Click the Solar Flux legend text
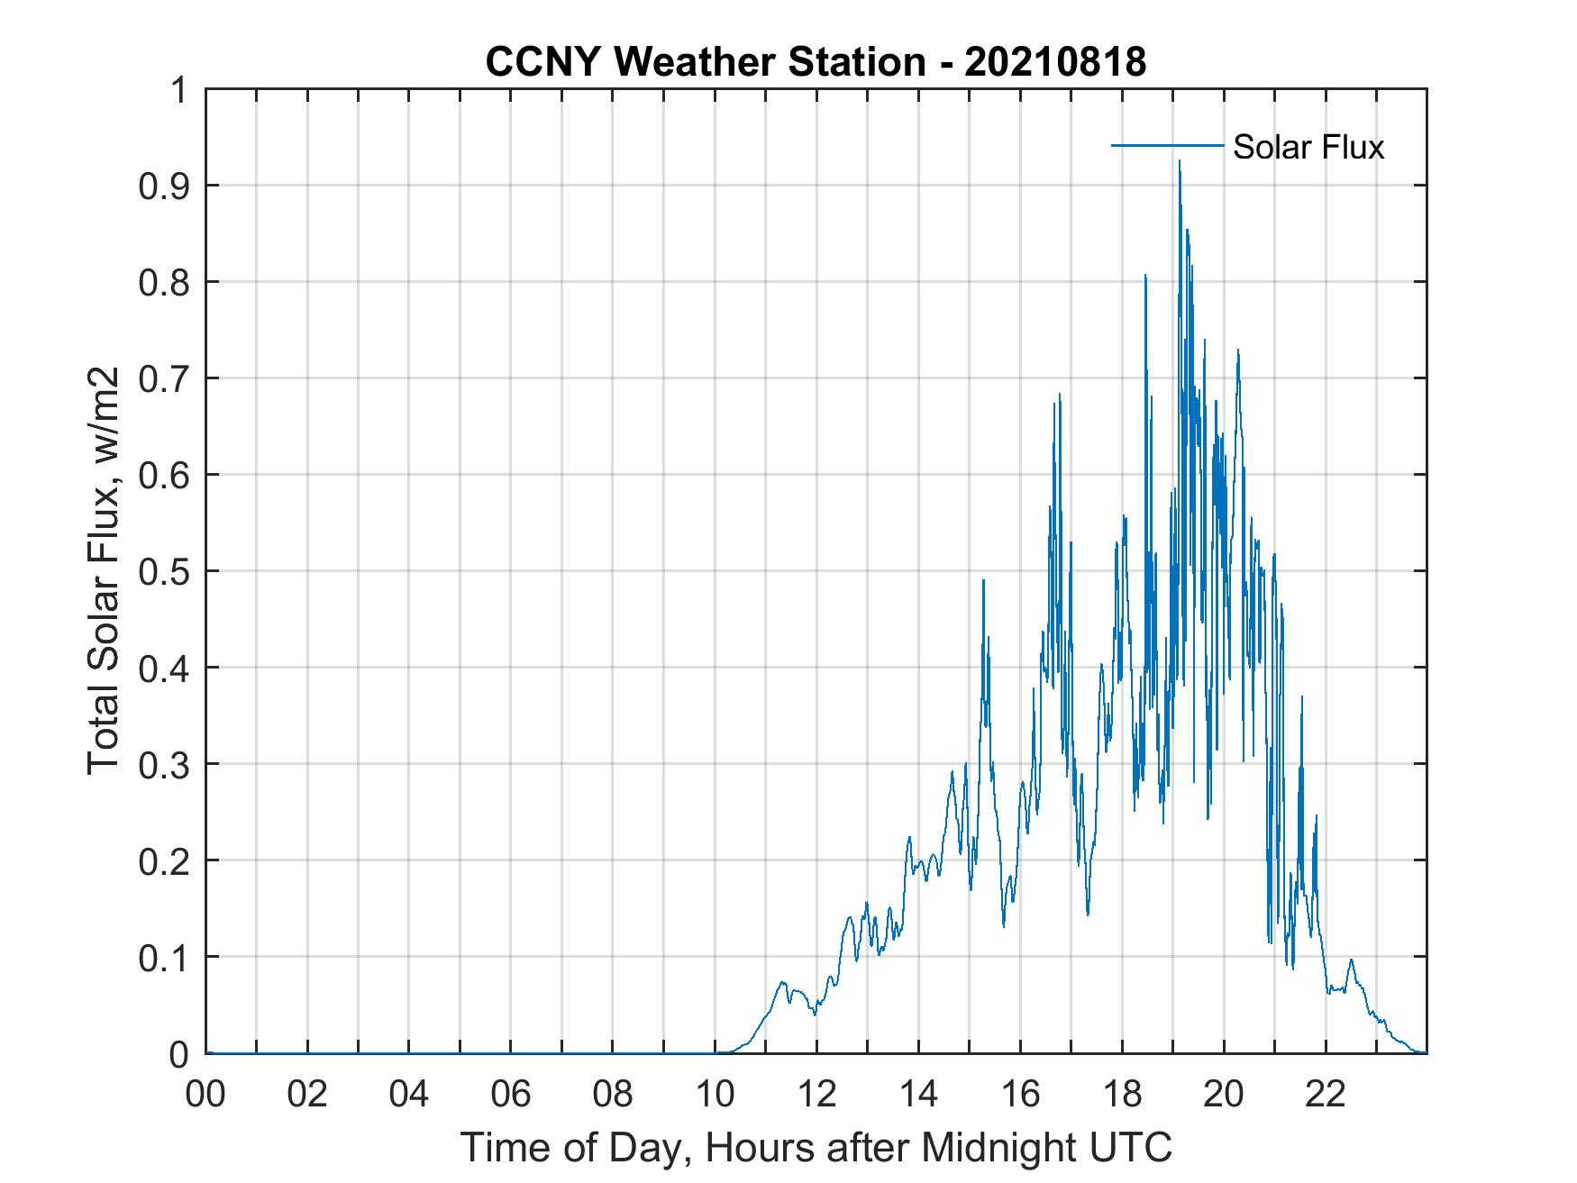point(1308,147)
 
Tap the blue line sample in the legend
point(1167,145)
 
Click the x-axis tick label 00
point(205,1095)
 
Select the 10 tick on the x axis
point(715,1095)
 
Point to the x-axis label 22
point(1326,1095)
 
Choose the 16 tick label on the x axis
point(1020,1095)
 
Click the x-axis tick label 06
point(511,1095)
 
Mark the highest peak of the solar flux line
point(1179,162)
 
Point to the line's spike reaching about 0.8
point(1145,276)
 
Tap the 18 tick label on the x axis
point(1122,1095)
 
